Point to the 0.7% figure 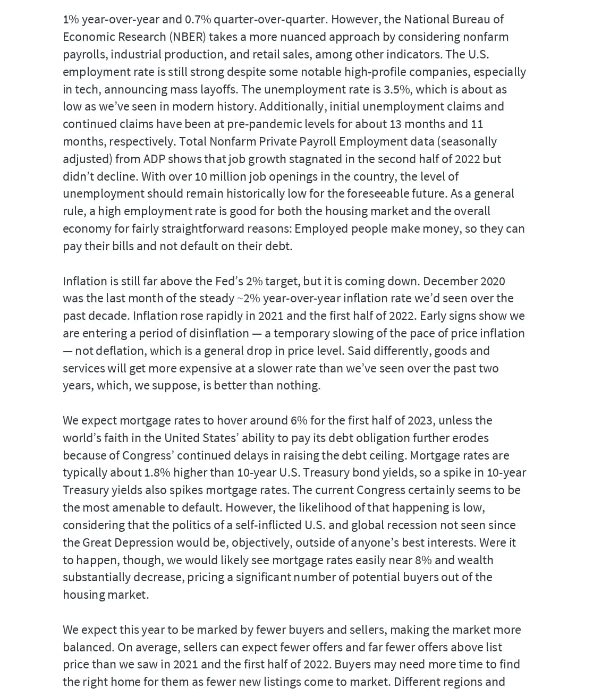coord(198,20)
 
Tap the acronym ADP coord(154,159)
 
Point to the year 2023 coord(421,420)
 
